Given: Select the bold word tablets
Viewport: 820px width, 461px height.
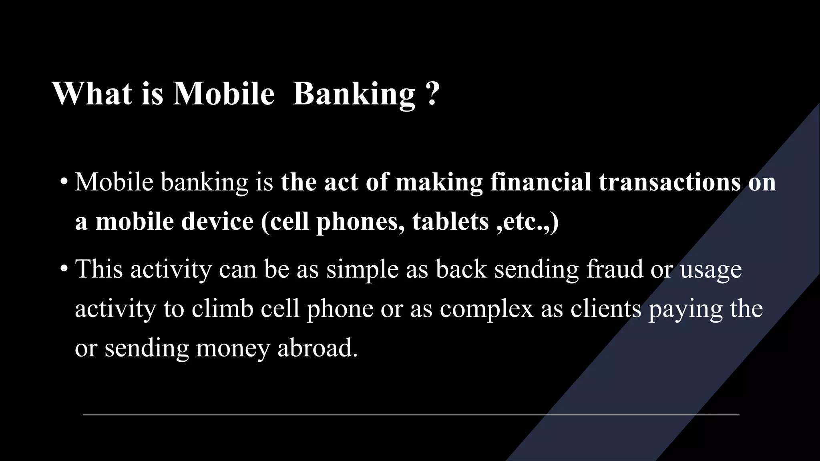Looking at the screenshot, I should tap(450, 221).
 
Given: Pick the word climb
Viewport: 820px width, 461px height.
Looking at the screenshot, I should tap(223, 309).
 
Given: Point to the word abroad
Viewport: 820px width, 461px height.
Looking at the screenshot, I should tap(317, 348).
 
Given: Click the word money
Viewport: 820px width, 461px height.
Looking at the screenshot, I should tap(233, 349).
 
